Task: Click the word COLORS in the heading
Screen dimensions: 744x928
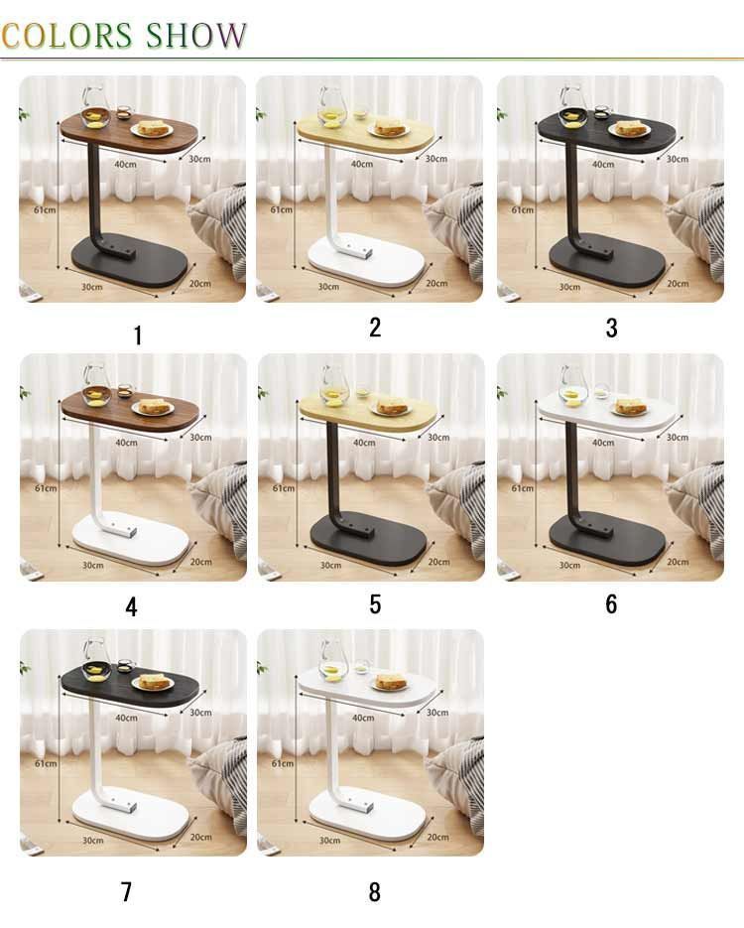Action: pyautogui.click(x=66, y=36)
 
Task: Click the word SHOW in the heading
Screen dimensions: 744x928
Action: pyautogui.click(x=195, y=36)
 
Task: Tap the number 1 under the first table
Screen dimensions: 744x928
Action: pyautogui.click(x=138, y=335)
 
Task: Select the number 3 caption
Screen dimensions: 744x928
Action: pyautogui.click(x=612, y=328)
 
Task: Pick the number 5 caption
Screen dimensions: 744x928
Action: pyautogui.click(x=375, y=604)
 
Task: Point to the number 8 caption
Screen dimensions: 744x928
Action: pyautogui.click(x=374, y=892)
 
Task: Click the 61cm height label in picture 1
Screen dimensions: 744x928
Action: pyautogui.click(x=45, y=209)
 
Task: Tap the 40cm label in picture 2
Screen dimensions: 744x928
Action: pyautogui.click(x=362, y=164)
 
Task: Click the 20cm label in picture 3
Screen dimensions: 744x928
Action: pyautogui.click(x=678, y=284)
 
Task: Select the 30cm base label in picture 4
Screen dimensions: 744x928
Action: pyautogui.click(x=93, y=565)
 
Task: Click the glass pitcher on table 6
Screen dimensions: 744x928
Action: pyautogui.click(x=572, y=386)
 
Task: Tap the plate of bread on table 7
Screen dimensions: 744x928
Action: pyautogui.click(x=153, y=683)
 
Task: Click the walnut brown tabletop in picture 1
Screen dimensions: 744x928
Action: pyautogui.click(x=129, y=133)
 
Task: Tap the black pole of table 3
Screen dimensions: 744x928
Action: pyautogui.click(x=572, y=195)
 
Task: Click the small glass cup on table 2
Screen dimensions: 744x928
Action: pyautogui.click(x=360, y=112)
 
